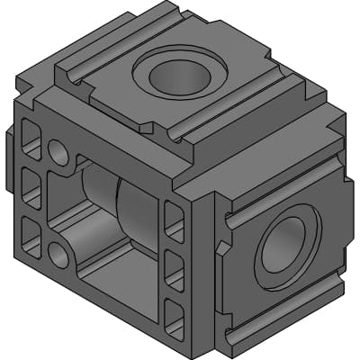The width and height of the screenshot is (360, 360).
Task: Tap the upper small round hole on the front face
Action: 58,150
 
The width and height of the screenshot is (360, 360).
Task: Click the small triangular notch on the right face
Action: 219,247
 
